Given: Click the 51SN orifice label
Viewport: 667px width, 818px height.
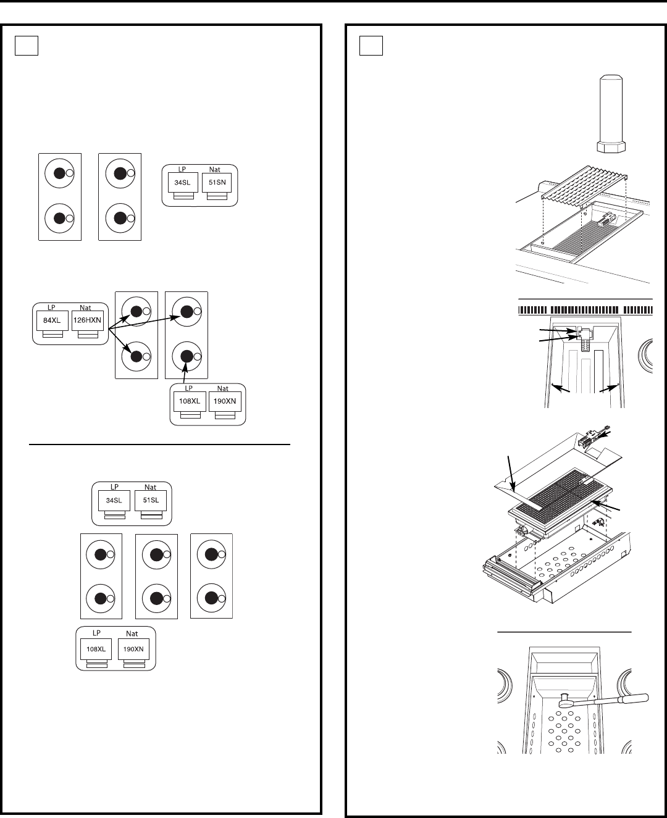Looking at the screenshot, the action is pyautogui.click(x=217, y=182).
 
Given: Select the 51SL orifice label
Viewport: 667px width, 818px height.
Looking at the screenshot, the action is pyautogui.click(x=151, y=500).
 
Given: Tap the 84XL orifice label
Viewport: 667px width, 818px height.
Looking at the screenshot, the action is pyautogui.click(x=52, y=320).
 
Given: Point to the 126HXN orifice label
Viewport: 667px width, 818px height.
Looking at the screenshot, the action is pyautogui.click(x=87, y=320).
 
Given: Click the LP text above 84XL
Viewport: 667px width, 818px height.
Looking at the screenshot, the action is pyautogui.click(x=51, y=307).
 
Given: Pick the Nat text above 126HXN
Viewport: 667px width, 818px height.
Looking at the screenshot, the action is pyautogui.click(x=85, y=307).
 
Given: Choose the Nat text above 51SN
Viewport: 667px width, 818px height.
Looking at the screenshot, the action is pyautogui.click(x=215, y=169).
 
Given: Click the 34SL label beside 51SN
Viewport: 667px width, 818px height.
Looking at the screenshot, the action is pyautogui.click(x=182, y=182).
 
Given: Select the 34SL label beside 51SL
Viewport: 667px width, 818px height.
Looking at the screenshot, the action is pyautogui.click(x=114, y=500).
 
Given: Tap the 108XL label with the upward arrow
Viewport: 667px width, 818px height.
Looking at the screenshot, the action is pyautogui.click(x=190, y=401).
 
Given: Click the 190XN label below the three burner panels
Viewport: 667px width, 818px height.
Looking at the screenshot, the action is pyautogui.click(x=133, y=649).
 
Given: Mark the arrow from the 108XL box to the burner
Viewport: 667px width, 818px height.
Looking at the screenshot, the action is pyautogui.click(x=185, y=374).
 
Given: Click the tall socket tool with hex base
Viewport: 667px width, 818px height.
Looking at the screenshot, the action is pyautogui.click(x=611, y=114).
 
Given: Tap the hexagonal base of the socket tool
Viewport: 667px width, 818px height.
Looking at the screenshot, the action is pyautogui.click(x=611, y=147).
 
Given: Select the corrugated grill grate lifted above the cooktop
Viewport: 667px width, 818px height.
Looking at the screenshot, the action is pyautogui.click(x=584, y=182).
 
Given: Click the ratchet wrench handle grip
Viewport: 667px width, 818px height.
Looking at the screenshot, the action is pyautogui.click(x=634, y=699).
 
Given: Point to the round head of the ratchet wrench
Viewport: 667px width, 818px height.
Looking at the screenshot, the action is pyautogui.click(x=564, y=701).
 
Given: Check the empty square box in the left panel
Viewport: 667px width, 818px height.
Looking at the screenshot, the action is pyautogui.click(x=27, y=46).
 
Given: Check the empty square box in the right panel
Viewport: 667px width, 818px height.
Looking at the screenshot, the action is pyautogui.click(x=371, y=46).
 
